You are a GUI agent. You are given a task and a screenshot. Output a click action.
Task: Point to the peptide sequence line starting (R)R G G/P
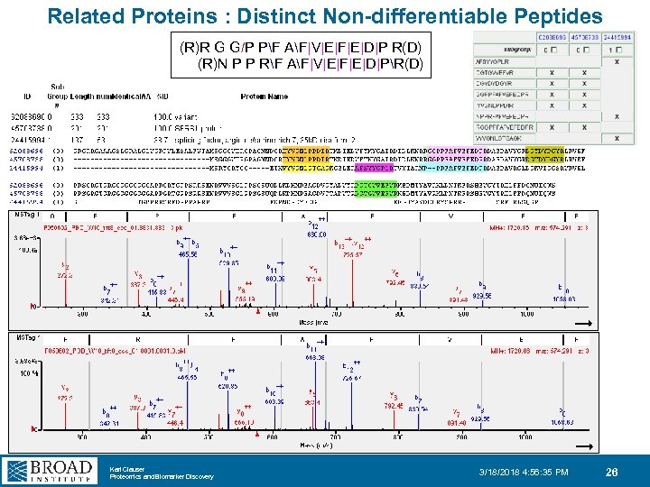[x=306, y=47]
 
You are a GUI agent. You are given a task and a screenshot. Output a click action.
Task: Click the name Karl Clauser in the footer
[x=125, y=468]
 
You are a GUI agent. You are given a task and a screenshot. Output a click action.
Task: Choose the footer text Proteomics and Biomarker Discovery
[x=161, y=477]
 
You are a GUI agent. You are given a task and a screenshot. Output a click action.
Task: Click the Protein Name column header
[x=264, y=96]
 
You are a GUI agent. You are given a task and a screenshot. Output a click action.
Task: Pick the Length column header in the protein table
[x=81, y=96]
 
